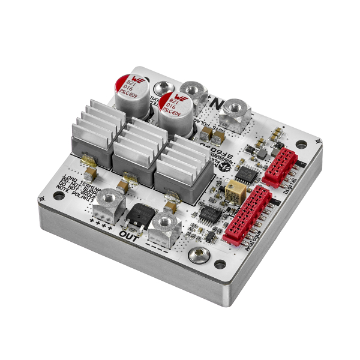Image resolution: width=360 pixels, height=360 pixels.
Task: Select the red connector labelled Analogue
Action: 247,213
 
